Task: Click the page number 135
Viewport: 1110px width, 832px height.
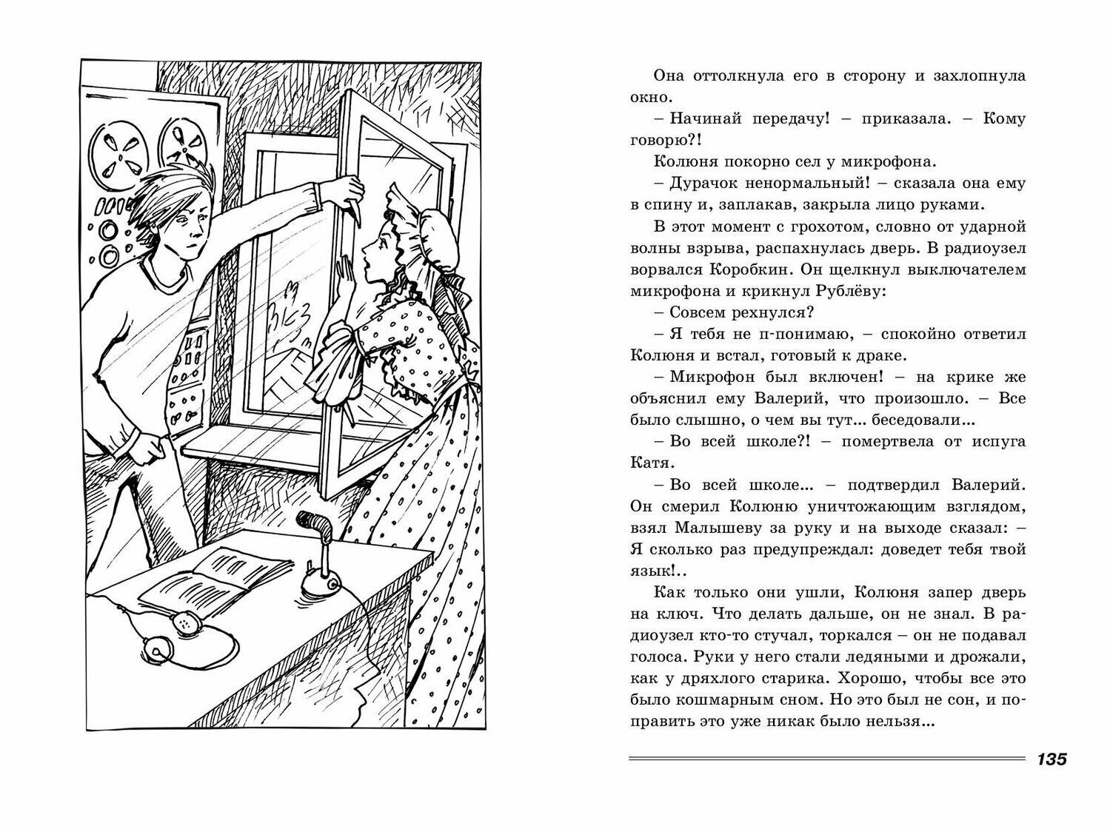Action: pos(1051,759)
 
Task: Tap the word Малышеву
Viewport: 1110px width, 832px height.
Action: pos(726,529)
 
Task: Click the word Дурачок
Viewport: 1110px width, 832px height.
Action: pos(700,183)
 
